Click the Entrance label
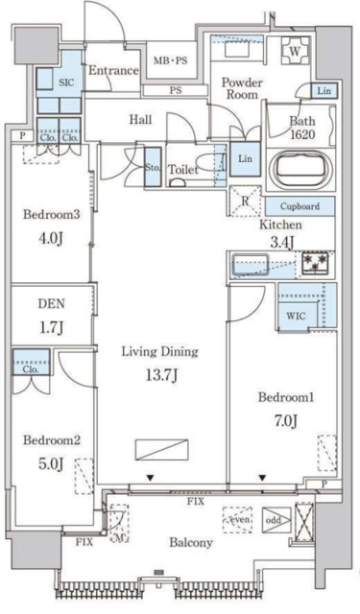(x=114, y=71)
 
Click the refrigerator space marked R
(x=246, y=201)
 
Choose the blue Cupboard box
(x=300, y=205)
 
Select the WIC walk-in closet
(x=297, y=313)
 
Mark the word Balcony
(x=192, y=543)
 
